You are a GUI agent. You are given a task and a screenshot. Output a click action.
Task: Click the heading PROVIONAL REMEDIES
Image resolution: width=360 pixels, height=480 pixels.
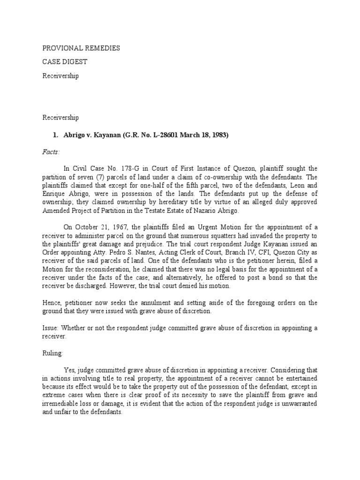point(81,48)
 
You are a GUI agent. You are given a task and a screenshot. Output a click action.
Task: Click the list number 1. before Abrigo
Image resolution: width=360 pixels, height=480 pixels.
point(54,135)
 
